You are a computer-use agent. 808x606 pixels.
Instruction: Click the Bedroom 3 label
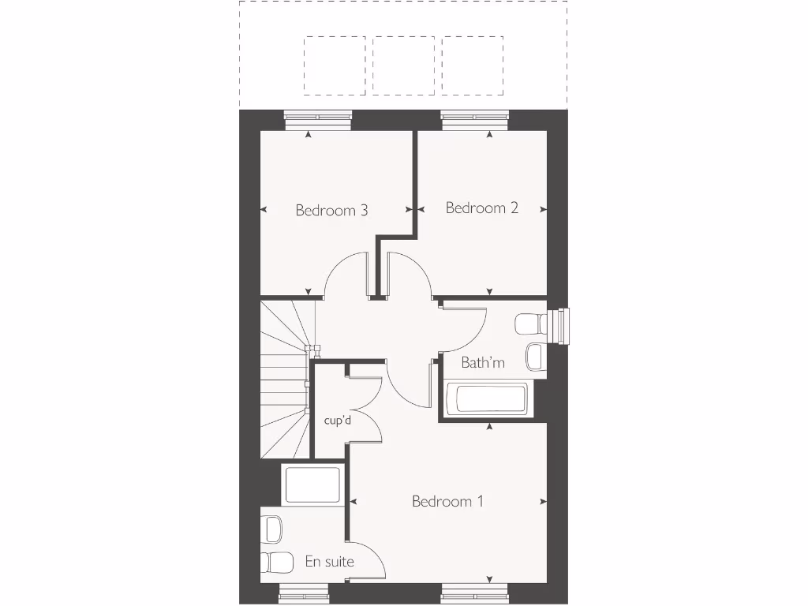[331, 211]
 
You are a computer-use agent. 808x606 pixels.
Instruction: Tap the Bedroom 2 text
[481, 208]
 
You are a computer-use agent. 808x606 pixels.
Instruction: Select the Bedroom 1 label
[447, 502]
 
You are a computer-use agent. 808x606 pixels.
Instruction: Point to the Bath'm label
[483, 363]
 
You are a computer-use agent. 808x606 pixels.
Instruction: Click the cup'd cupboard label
[337, 421]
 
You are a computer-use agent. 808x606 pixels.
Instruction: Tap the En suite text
[329, 563]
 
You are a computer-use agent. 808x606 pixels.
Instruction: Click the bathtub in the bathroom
[487, 399]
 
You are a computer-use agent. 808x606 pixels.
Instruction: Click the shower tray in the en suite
[312, 484]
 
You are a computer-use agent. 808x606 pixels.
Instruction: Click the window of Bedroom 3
[318, 118]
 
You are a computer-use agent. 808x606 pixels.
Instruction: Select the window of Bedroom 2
[475, 118]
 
